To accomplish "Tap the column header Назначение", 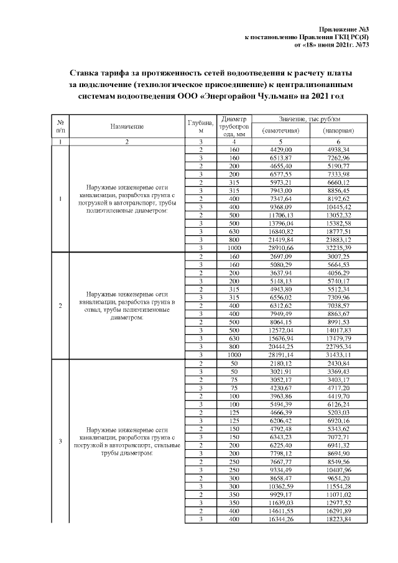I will click(127, 127).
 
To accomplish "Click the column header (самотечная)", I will click(281, 131).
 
